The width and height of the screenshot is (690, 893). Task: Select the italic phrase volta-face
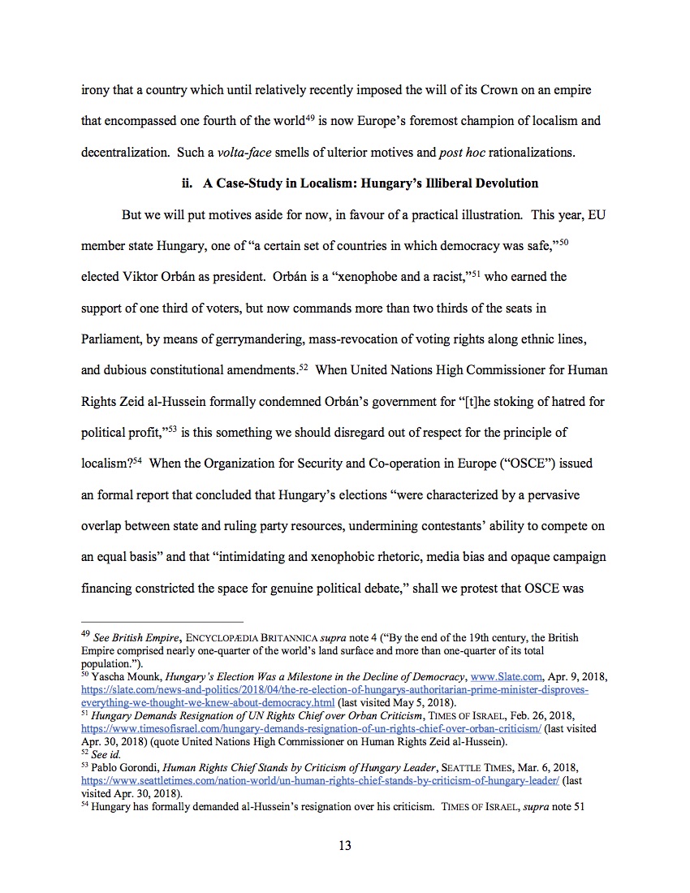click(244, 153)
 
